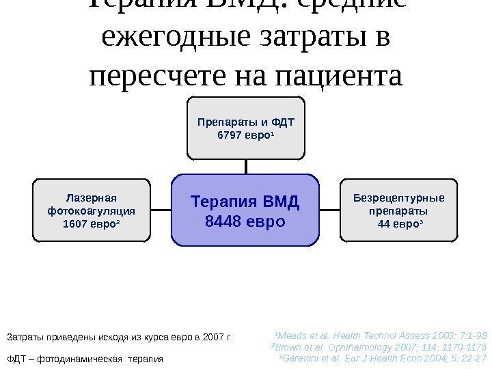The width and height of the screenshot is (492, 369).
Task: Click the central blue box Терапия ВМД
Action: point(245,210)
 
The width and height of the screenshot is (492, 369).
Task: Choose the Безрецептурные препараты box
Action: point(398,210)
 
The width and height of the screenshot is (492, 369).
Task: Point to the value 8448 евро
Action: point(245,222)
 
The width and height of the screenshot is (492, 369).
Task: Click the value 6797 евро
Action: point(245,135)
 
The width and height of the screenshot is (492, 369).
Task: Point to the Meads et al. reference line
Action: point(380,336)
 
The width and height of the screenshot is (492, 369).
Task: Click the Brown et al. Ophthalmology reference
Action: point(379,347)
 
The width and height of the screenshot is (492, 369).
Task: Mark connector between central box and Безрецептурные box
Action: point(330,210)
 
